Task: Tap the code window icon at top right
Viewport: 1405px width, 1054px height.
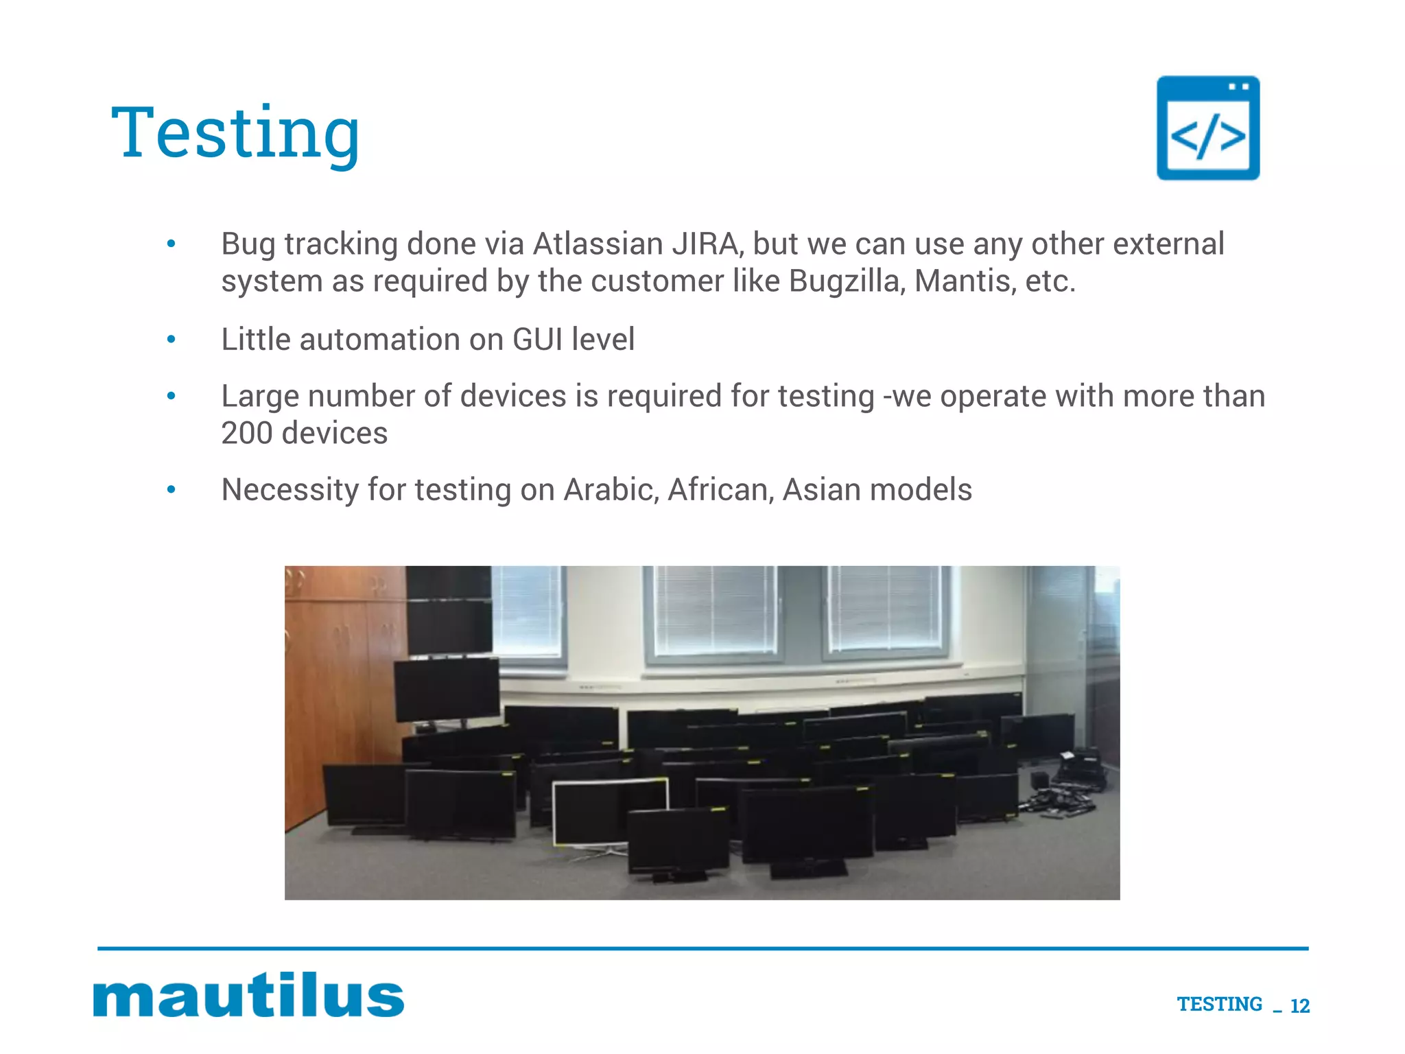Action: click(x=1207, y=128)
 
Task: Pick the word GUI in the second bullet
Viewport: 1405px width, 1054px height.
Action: click(x=537, y=339)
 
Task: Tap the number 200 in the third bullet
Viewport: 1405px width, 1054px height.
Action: click(x=246, y=433)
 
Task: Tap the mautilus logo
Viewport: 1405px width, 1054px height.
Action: click(x=248, y=994)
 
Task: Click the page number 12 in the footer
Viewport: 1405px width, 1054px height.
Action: click(x=1299, y=1006)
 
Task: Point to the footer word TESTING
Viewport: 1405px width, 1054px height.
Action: click(x=1219, y=1004)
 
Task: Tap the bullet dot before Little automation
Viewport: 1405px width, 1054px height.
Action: click(x=172, y=339)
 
